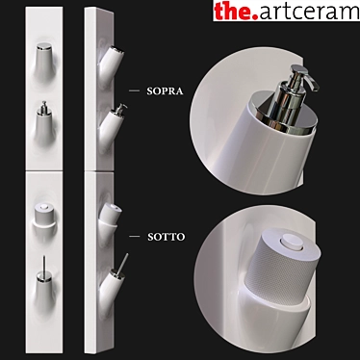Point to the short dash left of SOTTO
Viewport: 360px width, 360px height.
point(134,235)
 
